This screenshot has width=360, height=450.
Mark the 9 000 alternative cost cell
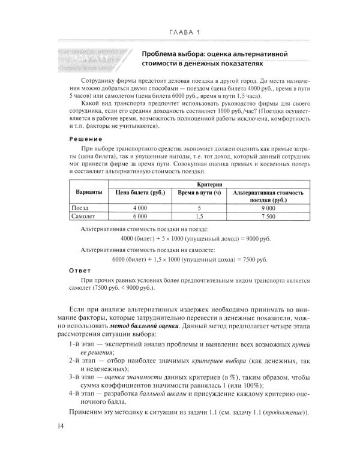(x=267, y=207)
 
